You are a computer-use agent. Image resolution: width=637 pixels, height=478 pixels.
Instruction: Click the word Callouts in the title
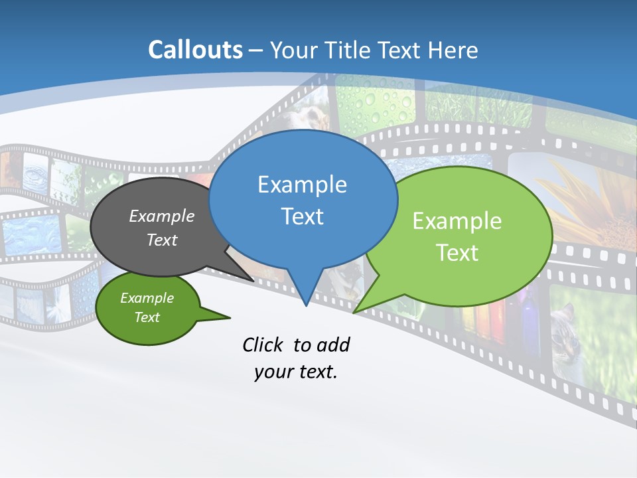point(195,50)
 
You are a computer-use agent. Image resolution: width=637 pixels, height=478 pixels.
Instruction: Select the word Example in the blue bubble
point(302,185)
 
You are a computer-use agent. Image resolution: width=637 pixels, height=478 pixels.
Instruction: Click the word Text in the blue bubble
point(302,216)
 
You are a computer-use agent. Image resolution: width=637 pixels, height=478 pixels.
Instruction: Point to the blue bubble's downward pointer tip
point(306,305)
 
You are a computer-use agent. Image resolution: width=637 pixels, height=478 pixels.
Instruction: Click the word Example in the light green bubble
point(457,221)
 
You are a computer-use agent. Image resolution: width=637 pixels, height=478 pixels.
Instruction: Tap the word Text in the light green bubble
point(457,253)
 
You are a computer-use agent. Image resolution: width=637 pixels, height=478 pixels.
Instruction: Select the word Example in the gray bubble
point(162,216)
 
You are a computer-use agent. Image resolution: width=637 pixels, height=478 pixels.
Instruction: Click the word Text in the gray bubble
point(162,240)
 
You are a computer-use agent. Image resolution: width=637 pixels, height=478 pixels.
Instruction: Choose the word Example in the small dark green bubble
point(147,298)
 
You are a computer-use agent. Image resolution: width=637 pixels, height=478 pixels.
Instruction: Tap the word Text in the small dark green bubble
point(147,317)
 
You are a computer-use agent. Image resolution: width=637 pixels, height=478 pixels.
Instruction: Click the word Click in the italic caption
point(265,345)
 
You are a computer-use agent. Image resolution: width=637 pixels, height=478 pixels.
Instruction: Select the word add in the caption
point(333,345)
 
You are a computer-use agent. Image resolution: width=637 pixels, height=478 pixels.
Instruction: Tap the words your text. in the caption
point(296,372)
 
